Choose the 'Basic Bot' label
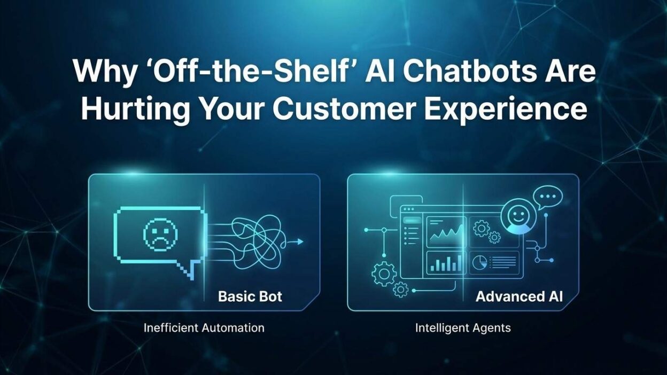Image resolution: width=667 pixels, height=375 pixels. (250, 296)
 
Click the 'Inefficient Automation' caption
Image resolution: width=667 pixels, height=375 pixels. (204, 327)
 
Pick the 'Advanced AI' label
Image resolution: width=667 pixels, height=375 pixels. (519, 296)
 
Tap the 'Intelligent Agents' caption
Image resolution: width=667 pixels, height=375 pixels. (463, 327)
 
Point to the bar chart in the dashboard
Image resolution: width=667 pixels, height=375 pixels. (445, 262)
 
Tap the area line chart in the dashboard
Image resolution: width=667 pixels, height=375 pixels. (445, 232)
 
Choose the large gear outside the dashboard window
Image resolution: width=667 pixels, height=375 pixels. (384, 275)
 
